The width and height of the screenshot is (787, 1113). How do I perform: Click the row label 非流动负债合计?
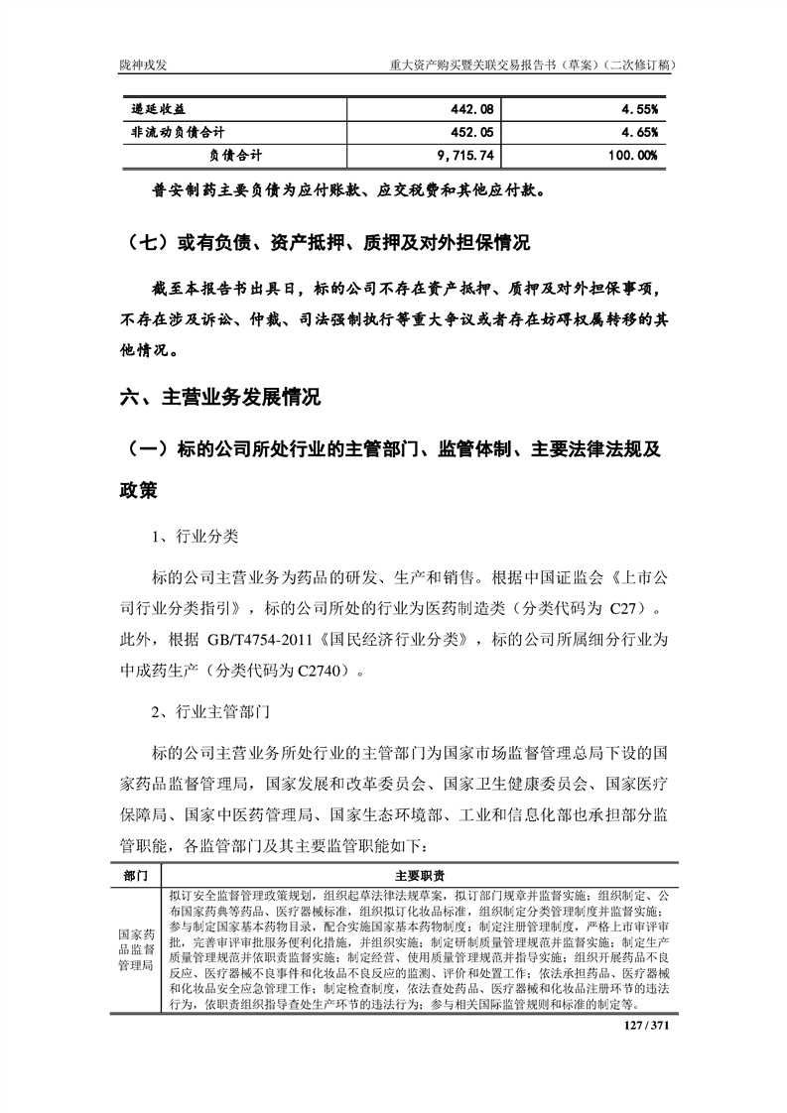[177, 132]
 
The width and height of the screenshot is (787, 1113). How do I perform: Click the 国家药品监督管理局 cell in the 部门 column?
[136, 949]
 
